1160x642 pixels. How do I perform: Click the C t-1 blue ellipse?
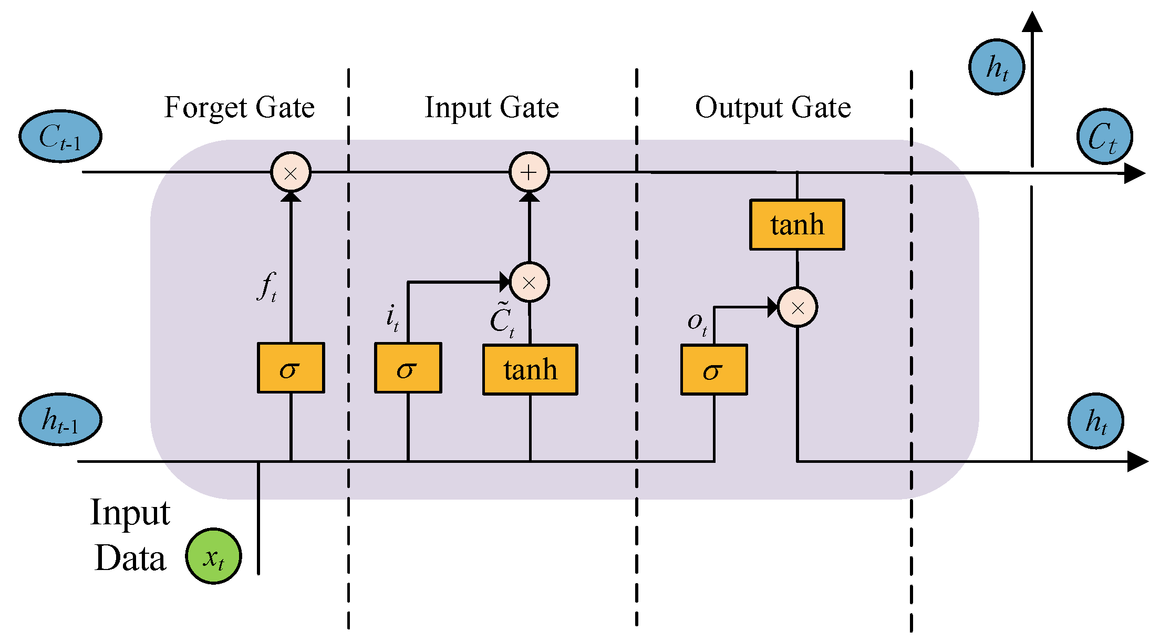[x=60, y=137]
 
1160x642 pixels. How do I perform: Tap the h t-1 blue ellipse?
[x=60, y=420]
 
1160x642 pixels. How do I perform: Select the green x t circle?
[x=213, y=556]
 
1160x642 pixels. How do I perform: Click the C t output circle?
[x=1104, y=137]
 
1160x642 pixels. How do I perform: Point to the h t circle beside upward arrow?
[x=997, y=67]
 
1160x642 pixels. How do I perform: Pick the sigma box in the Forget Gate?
[x=291, y=368]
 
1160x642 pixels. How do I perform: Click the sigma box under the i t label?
[x=408, y=368]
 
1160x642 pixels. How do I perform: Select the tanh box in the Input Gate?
[x=530, y=370]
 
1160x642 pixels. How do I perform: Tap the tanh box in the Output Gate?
[x=797, y=225]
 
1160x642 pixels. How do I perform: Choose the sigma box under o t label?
[x=714, y=370]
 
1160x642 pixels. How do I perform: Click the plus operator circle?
[x=529, y=172]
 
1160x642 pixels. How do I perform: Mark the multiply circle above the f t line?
[x=291, y=172]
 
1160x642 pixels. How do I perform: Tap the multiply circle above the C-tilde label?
[x=529, y=283]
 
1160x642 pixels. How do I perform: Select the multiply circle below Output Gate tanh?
[x=797, y=307]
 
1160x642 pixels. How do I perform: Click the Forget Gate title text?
[x=239, y=108]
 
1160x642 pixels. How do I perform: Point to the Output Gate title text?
[x=773, y=108]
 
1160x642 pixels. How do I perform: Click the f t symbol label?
[x=267, y=287]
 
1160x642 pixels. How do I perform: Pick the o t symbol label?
[x=697, y=322]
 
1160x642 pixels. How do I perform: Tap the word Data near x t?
[x=130, y=558]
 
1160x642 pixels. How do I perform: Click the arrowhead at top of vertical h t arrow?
[x=1032, y=23]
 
